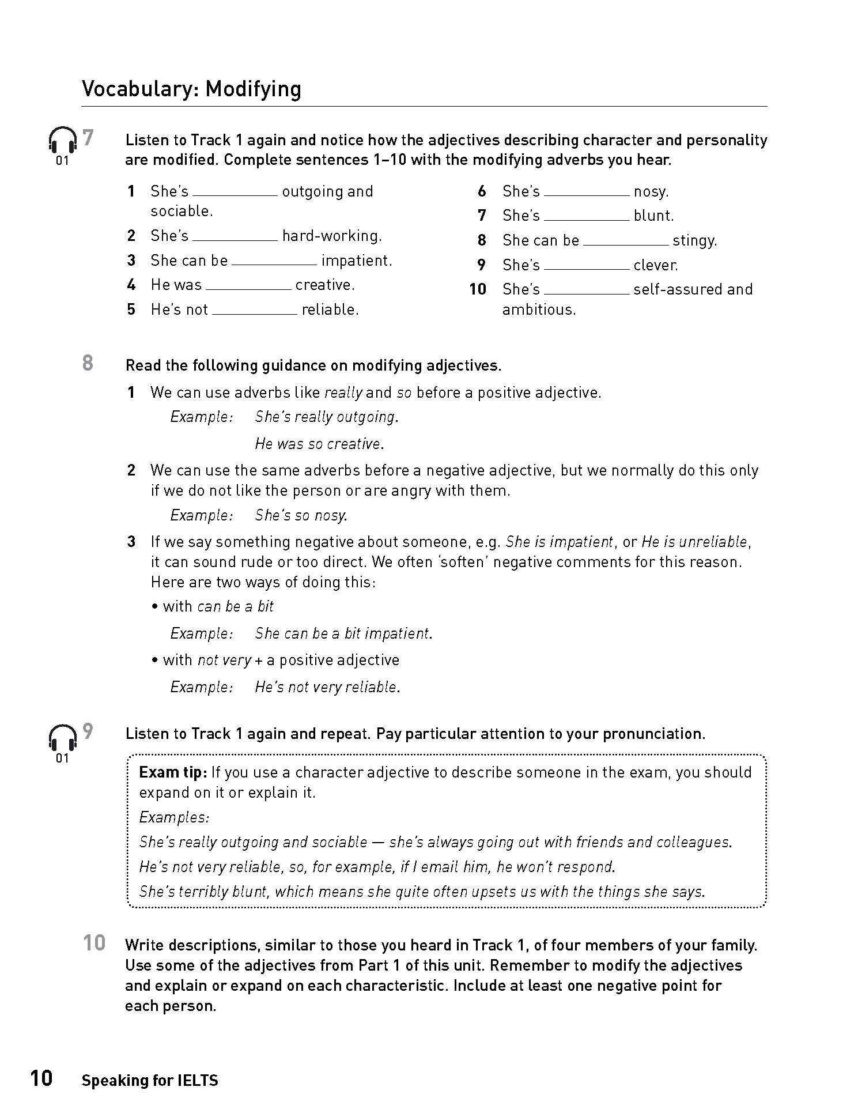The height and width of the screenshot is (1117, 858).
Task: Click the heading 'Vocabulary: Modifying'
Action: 191,89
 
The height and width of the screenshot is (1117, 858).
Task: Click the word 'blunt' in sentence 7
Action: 653,216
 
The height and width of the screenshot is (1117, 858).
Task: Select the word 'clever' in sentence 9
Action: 655,265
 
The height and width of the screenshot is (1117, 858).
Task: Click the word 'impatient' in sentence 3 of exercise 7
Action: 356,261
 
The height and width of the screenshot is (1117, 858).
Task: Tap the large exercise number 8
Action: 88,363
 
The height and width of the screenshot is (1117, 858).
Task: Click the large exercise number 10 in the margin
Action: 94,944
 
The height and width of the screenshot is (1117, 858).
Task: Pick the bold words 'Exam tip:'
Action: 173,772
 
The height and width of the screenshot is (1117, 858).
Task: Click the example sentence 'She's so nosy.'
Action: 301,515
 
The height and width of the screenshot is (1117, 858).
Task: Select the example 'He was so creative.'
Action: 319,444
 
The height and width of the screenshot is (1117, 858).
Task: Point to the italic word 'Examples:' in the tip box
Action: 174,817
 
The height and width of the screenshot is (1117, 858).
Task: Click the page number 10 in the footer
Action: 41,1078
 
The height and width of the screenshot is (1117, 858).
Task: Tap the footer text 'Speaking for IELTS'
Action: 150,1081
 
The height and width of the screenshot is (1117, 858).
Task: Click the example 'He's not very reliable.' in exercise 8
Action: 327,687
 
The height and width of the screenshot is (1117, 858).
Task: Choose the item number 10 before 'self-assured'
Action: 478,289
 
